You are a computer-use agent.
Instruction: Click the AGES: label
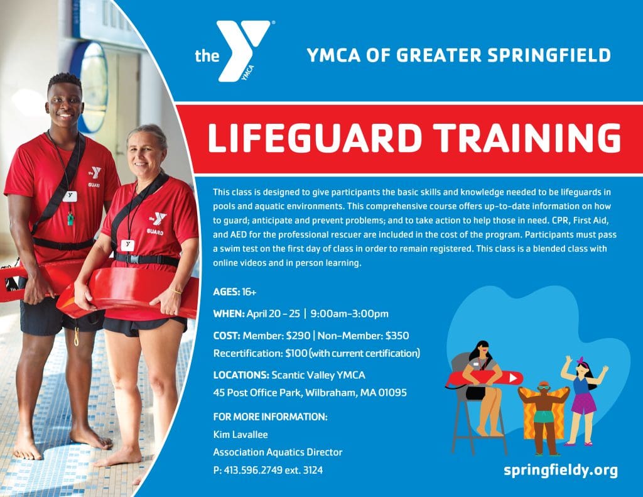pos(226,292)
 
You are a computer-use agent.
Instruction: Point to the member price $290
pos(298,336)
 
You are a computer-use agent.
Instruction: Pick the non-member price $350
pos(397,336)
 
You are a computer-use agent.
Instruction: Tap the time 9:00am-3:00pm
pos(349,314)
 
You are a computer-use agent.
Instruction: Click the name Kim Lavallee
pos(240,435)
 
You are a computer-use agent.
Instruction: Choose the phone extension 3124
pos(313,471)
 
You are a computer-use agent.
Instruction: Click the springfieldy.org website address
pos(561,470)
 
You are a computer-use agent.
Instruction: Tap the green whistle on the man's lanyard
pos(72,218)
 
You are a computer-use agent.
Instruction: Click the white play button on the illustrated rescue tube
pos(513,378)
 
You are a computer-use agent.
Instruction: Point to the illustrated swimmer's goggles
pos(543,386)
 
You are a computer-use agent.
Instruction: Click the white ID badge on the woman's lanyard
pos(128,245)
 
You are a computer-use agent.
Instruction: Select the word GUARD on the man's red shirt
pos(94,185)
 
